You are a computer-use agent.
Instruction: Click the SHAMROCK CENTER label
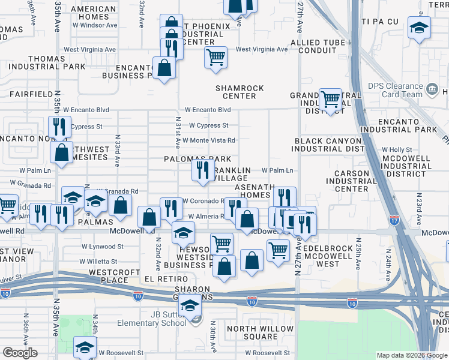(240, 92)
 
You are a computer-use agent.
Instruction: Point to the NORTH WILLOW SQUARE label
(261, 332)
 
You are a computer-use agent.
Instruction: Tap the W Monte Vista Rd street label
(208, 140)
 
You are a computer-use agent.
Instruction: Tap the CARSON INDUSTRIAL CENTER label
(358, 181)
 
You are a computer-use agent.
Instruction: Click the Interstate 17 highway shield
(394, 220)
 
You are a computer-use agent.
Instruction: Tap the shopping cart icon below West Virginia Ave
(215, 58)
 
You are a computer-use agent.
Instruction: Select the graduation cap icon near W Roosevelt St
(85, 346)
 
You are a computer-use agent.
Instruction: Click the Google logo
(20, 353)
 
